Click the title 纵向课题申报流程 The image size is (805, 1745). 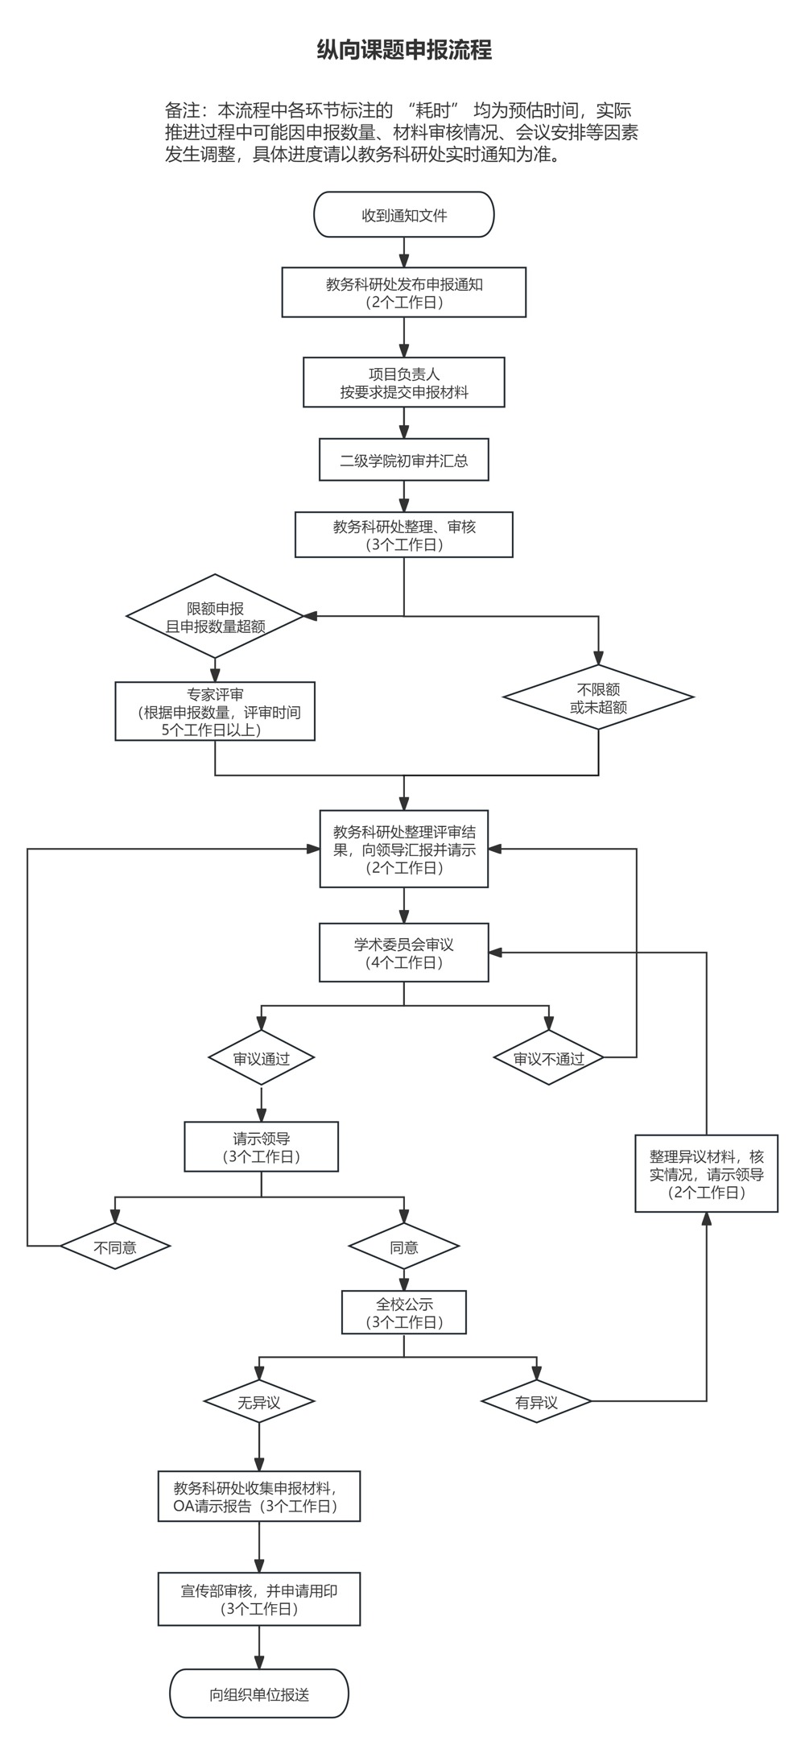(x=403, y=51)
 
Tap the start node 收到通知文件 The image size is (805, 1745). (x=403, y=215)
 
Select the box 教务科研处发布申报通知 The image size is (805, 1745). (x=403, y=292)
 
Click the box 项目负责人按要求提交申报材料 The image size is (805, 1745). (x=403, y=382)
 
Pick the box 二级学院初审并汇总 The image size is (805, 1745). (x=403, y=461)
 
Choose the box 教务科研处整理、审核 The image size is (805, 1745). (x=403, y=535)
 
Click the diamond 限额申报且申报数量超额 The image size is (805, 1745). (x=215, y=617)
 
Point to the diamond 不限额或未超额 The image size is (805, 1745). (x=598, y=697)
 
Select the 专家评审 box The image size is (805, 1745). (x=215, y=711)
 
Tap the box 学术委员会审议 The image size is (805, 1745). (x=403, y=953)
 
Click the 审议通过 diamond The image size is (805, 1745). (x=261, y=1058)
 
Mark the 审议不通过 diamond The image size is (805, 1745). (x=548, y=1058)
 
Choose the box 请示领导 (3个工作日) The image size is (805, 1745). (x=261, y=1147)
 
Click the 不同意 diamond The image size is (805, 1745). (x=115, y=1247)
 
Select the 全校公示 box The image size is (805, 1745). (x=403, y=1313)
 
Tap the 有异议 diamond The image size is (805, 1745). (x=536, y=1402)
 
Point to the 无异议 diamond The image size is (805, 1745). (x=258, y=1402)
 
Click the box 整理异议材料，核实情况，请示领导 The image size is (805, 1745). (x=706, y=1173)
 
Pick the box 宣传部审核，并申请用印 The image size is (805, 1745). (x=258, y=1599)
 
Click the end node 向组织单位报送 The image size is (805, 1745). (x=258, y=1694)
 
